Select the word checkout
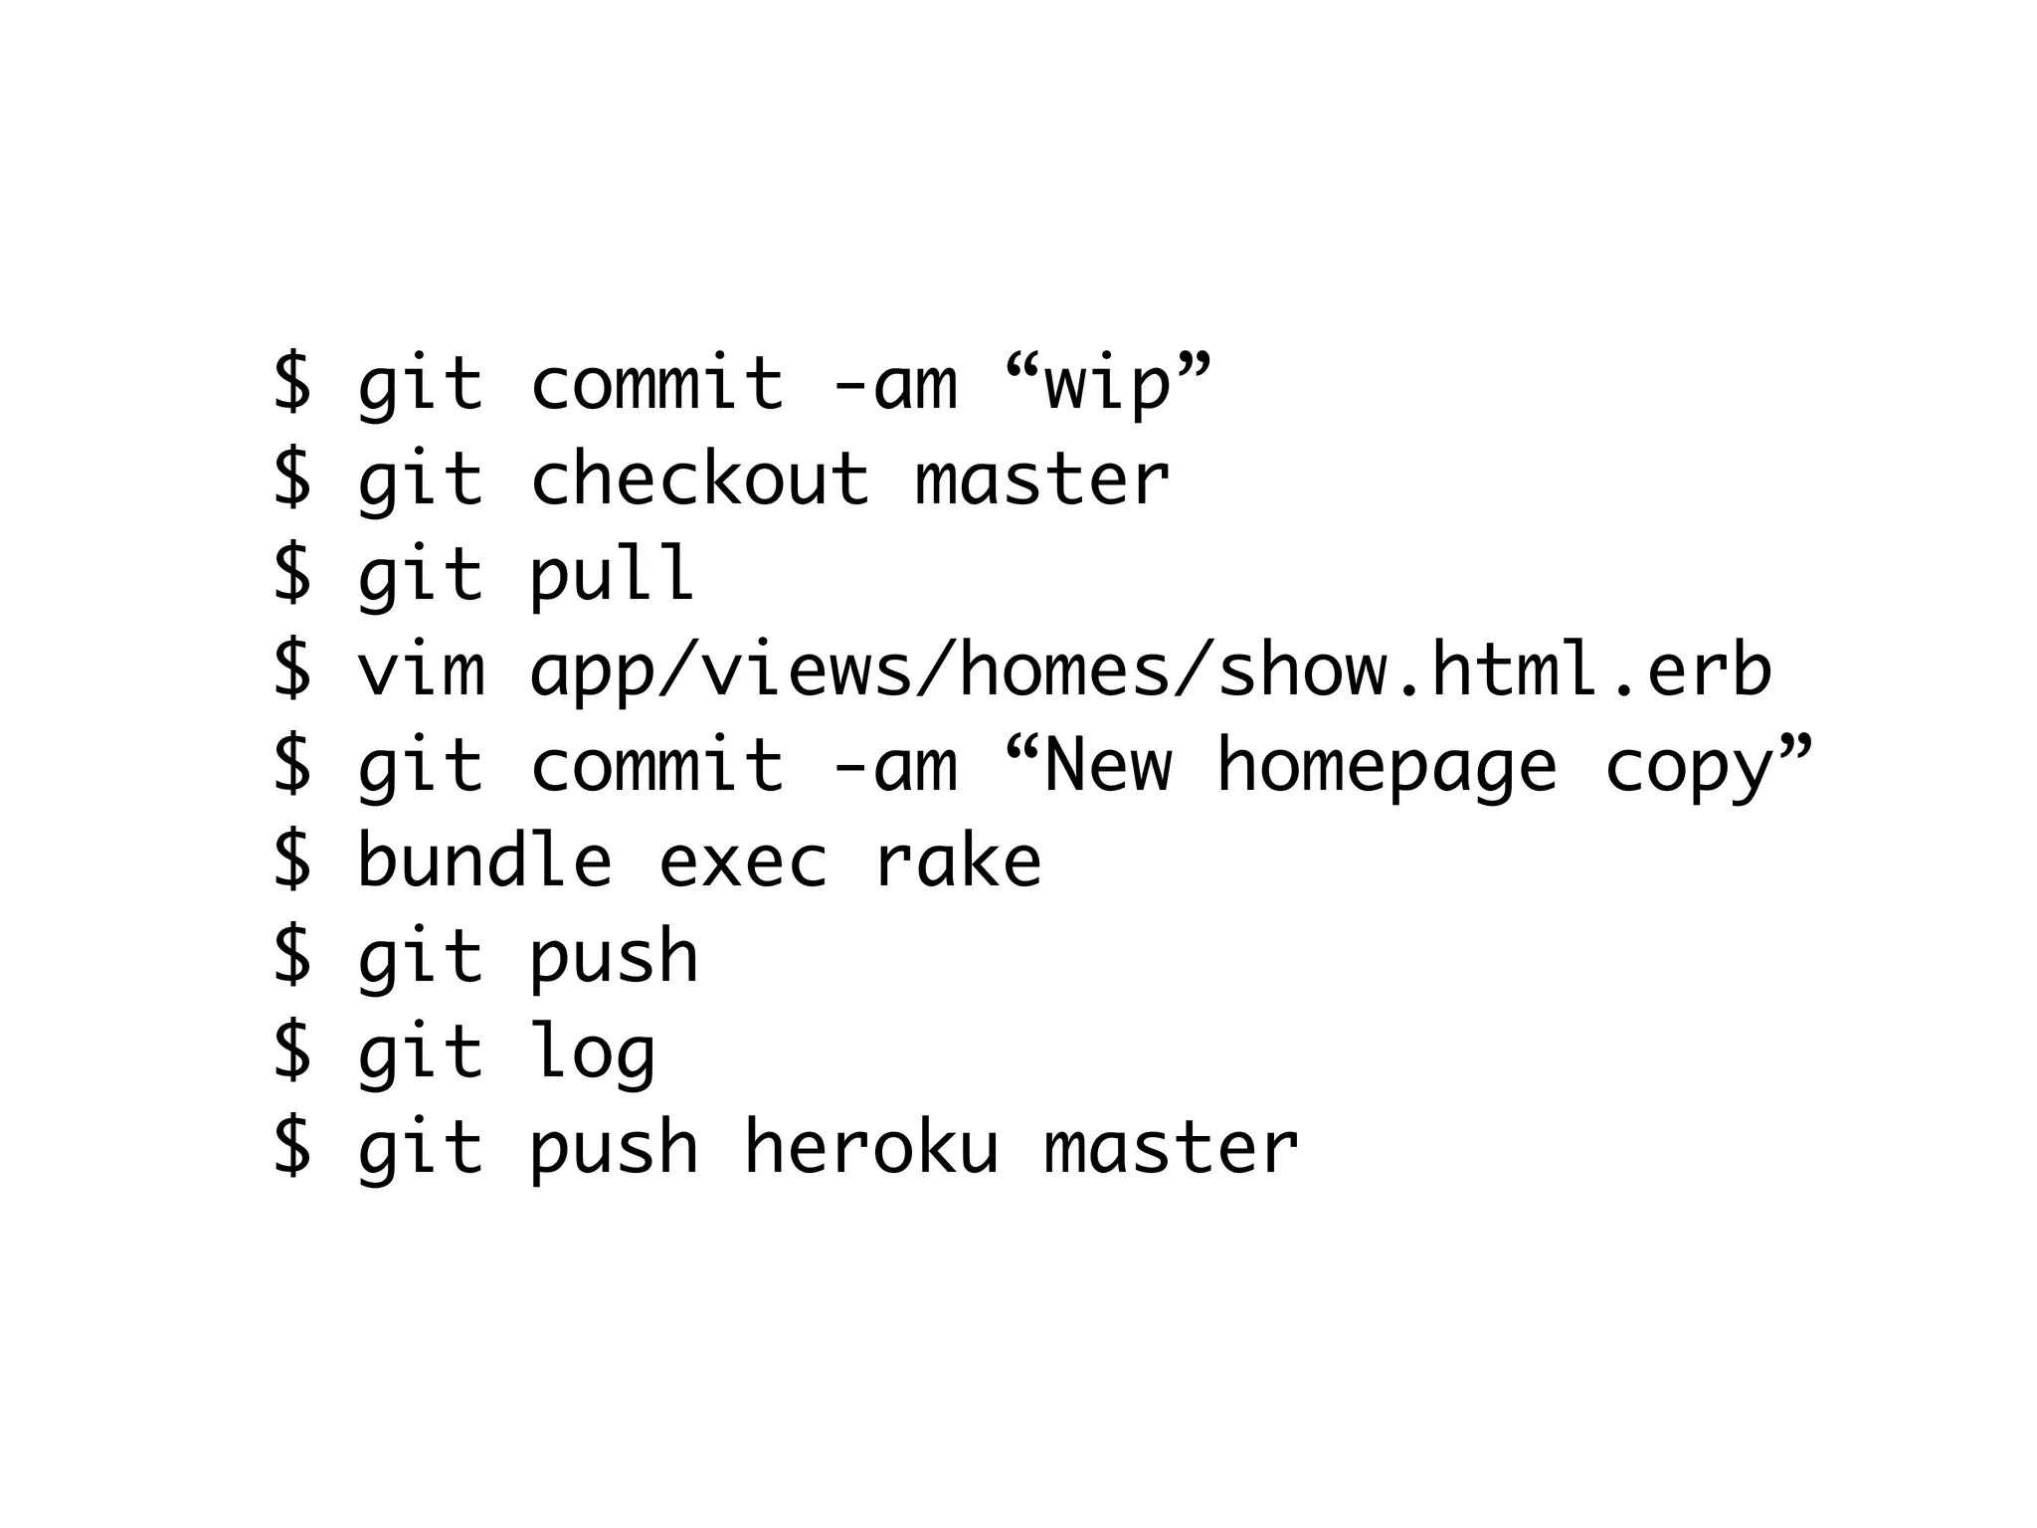(700, 478)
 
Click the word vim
(421, 669)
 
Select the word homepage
(1387, 768)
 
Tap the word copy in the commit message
(1689, 768)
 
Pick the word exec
(742, 861)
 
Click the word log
(593, 1053)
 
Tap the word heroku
(870, 1147)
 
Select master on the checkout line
(1041, 480)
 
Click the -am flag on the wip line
(893, 384)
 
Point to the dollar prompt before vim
(292, 669)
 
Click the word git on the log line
(421, 1053)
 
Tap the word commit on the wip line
(657, 384)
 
